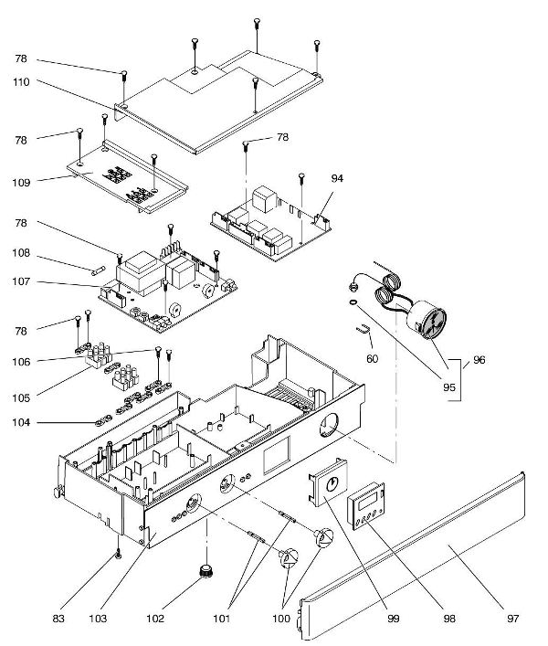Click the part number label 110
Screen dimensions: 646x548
[21, 82]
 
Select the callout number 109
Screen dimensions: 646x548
[21, 182]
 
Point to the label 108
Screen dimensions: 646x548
[21, 253]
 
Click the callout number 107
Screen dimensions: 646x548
[21, 282]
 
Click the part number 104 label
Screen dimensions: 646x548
[21, 423]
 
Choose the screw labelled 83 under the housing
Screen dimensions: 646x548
[119, 554]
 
